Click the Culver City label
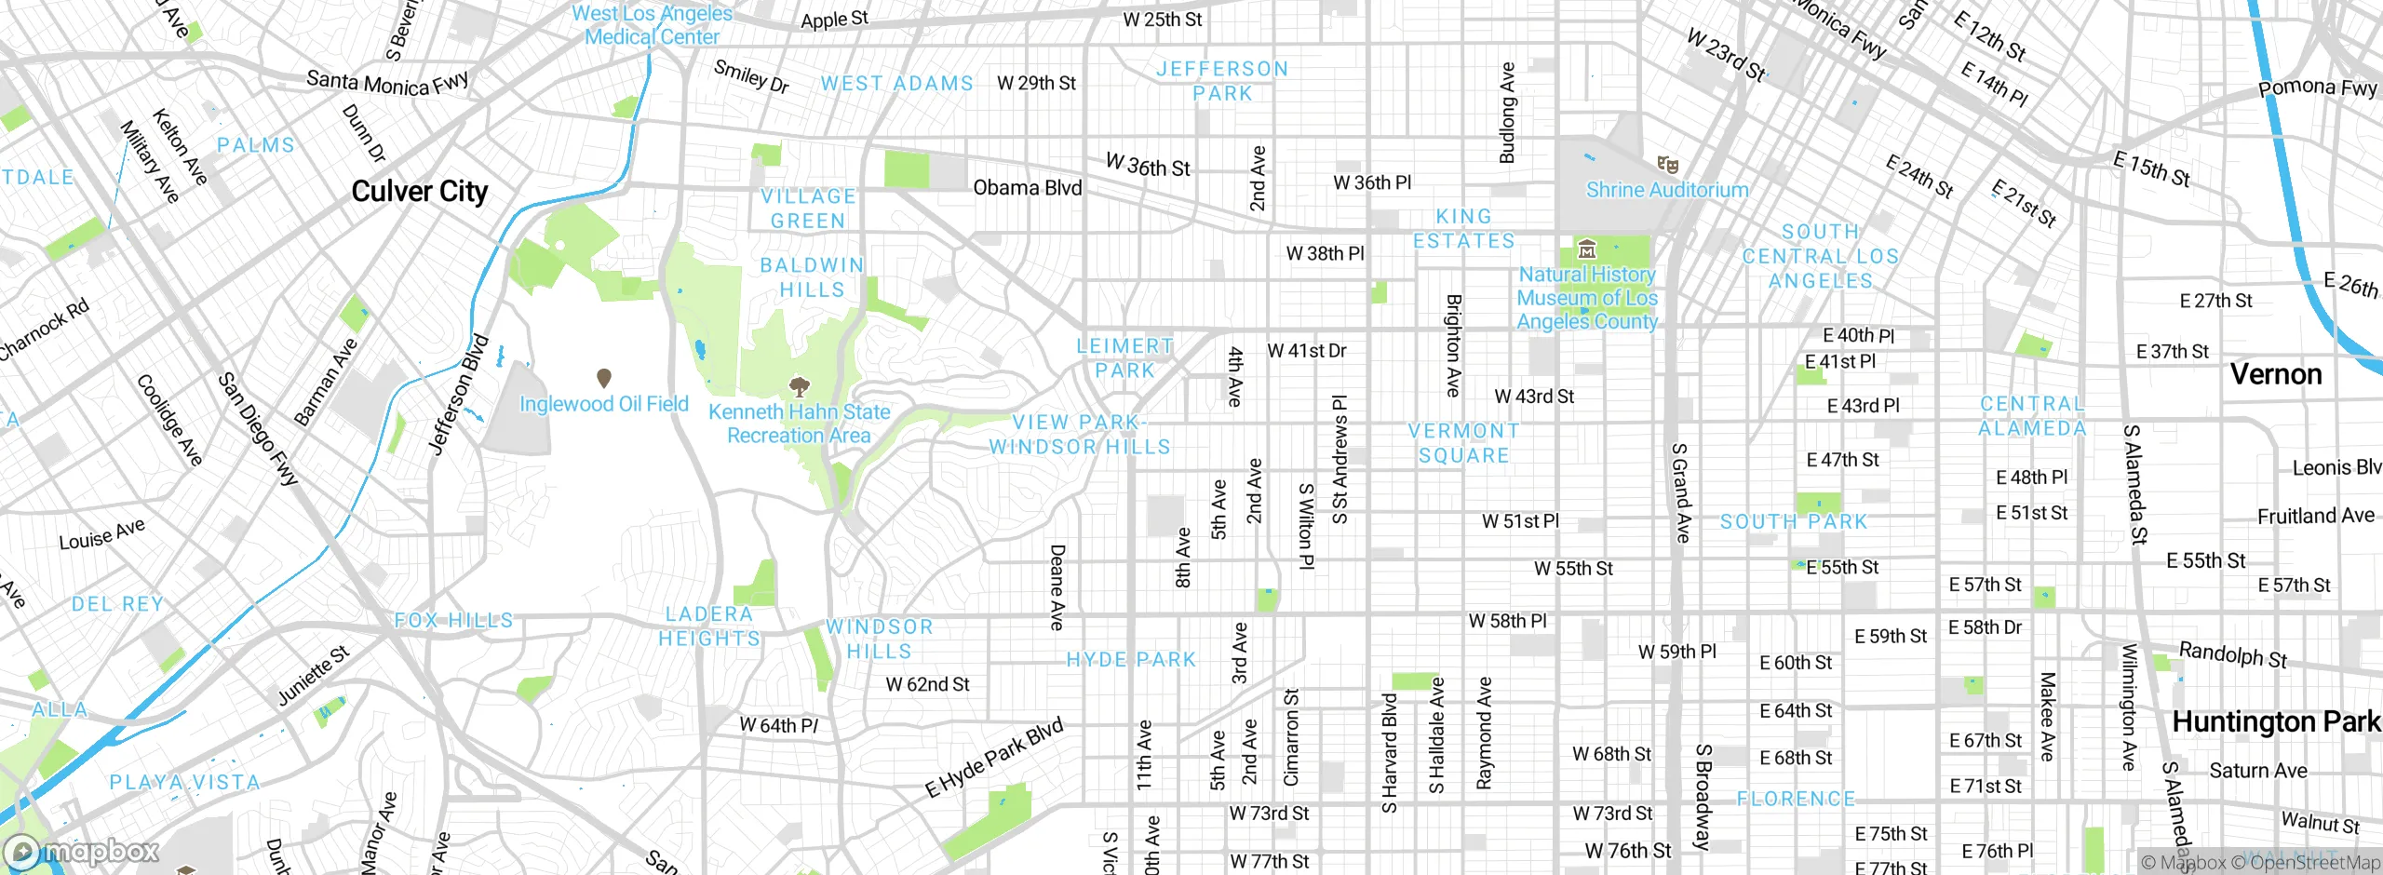[x=419, y=191]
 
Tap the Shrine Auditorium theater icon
[x=1667, y=165]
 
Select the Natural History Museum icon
[x=1587, y=249]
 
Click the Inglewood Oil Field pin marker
[x=603, y=378]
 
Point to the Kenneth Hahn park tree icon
[x=799, y=386]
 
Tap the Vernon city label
[x=2275, y=374]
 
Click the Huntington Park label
[x=2275, y=721]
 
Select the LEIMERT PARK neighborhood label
[x=1124, y=358]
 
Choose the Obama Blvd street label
[x=1027, y=188]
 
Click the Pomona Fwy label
[x=2317, y=88]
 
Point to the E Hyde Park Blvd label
[x=993, y=759]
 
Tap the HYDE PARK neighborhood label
[x=1131, y=660]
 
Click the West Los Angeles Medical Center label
[x=652, y=25]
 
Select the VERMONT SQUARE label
[x=1463, y=443]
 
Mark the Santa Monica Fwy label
[x=387, y=83]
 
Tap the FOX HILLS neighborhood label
[x=453, y=620]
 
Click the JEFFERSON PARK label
[x=1221, y=81]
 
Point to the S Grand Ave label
[x=1681, y=492]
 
